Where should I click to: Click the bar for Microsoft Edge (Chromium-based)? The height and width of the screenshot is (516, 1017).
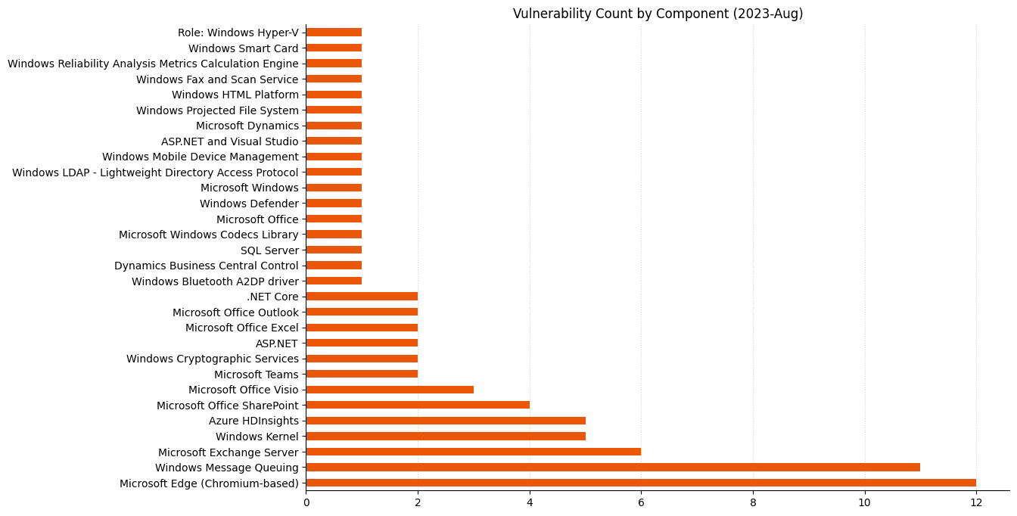(x=641, y=483)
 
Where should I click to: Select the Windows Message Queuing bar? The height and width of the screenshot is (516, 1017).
(x=613, y=468)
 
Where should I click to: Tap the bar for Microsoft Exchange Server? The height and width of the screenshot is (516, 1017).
(x=474, y=452)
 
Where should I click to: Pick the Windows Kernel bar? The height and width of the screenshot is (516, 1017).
(x=446, y=437)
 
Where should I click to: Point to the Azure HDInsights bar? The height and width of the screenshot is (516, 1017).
(x=446, y=421)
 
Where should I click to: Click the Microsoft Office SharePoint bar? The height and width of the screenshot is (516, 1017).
(x=418, y=406)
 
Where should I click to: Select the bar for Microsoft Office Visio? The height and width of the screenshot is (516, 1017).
(x=390, y=390)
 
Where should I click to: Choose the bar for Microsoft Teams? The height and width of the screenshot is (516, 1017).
(x=362, y=374)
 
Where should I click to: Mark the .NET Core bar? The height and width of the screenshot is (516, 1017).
(x=362, y=297)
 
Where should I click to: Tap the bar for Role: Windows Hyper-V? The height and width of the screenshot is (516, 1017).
(x=334, y=33)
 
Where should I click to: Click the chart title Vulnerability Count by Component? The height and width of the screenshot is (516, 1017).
(x=658, y=14)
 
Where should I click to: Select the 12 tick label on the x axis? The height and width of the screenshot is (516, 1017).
(x=976, y=502)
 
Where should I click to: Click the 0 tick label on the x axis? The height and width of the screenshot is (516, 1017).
(x=306, y=502)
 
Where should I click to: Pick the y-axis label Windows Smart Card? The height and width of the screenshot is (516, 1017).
(x=243, y=48)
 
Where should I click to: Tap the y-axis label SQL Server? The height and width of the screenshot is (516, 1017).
(x=269, y=250)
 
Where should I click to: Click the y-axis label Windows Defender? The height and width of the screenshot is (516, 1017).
(x=249, y=204)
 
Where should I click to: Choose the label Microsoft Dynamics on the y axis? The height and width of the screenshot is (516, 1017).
(x=247, y=126)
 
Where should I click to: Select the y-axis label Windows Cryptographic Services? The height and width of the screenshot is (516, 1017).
(x=213, y=359)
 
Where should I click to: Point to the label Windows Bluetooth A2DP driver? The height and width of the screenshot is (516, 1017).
(x=215, y=281)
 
